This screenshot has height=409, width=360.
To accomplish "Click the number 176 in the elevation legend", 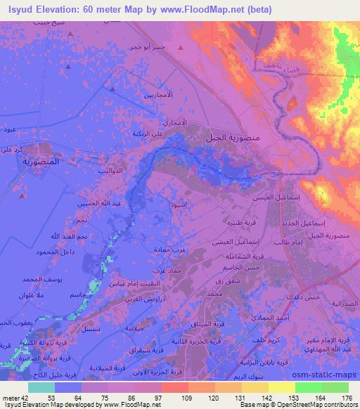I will (347, 396).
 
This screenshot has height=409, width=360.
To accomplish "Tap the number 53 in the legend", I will (50, 396).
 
